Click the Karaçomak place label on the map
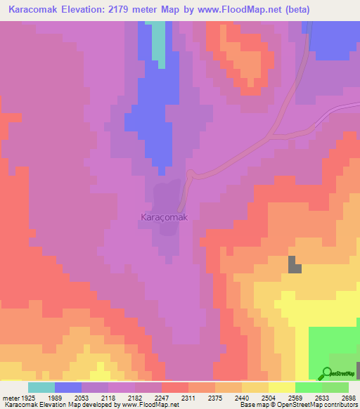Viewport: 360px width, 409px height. [164, 217]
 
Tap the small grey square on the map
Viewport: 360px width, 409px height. [294, 265]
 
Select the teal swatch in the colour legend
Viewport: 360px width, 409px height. [41, 387]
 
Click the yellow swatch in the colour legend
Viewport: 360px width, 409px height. [281, 387]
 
